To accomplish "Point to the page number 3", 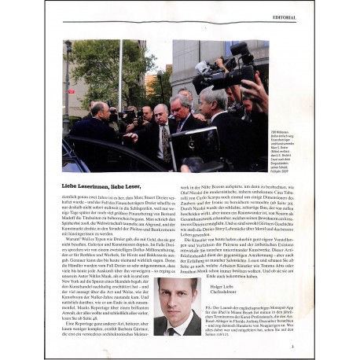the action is (x=292, y=347).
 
